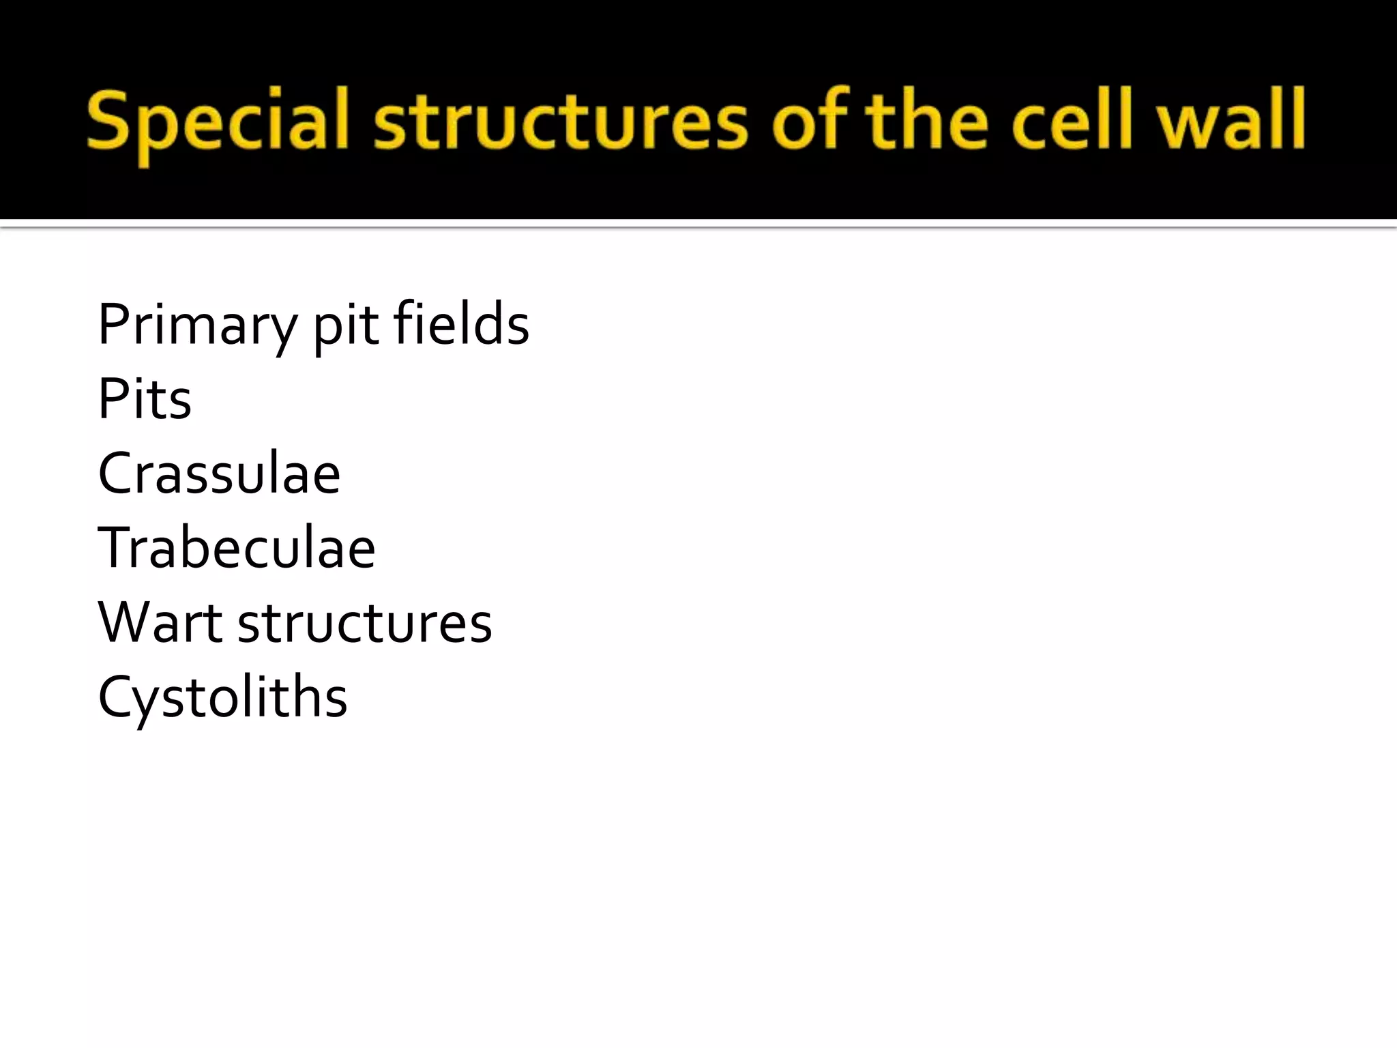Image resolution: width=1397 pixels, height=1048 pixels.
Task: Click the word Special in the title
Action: tap(218, 123)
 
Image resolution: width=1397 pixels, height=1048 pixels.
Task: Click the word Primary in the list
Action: tap(198, 325)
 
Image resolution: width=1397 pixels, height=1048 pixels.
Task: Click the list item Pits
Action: tap(145, 398)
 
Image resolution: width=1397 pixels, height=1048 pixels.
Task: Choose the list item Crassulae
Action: tap(219, 474)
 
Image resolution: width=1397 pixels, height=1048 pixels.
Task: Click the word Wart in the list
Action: tap(160, 622)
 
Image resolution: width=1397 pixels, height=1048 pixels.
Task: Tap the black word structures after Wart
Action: tap(364, 624)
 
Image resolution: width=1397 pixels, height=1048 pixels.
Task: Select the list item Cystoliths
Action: tap(222, 698)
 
